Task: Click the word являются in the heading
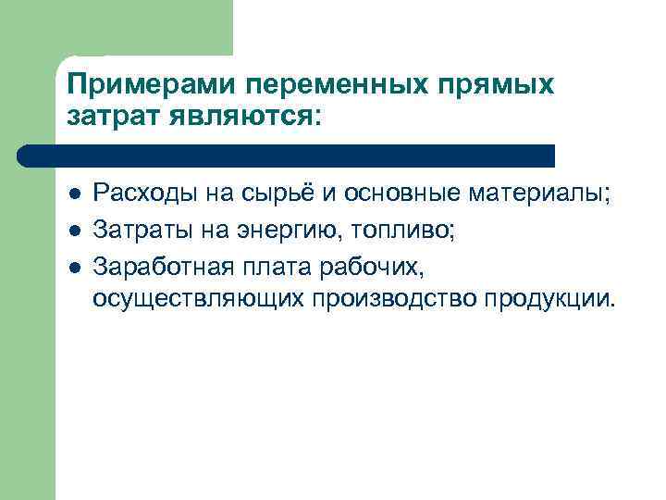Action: [x=237, y=117]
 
